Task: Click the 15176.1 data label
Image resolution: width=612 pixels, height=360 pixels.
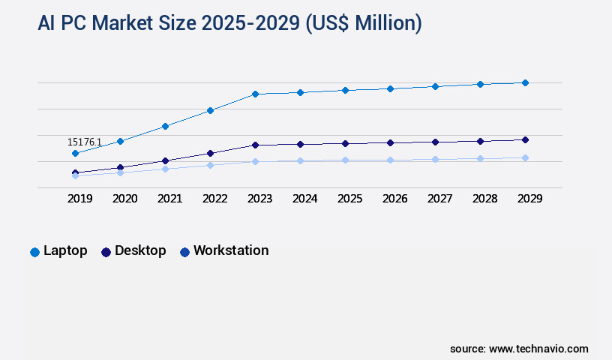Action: [84, 142]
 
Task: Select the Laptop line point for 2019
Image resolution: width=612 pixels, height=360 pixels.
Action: [75, 153]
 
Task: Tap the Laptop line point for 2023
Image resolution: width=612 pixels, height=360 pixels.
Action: [255, 94]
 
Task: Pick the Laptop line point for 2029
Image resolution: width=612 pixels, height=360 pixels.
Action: [525, 82]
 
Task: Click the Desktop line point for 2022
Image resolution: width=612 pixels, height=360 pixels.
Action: [210, 153]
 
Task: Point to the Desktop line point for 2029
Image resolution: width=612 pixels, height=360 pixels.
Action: [525, 139]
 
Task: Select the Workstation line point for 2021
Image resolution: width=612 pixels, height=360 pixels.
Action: [165, 169]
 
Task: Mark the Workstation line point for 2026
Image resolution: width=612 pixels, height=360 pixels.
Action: [390, 160]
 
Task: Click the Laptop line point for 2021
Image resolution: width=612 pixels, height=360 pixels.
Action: [165, 126]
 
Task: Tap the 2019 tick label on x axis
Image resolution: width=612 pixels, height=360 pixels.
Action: [80, 199]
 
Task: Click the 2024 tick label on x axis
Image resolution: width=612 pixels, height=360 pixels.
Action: [305, 199]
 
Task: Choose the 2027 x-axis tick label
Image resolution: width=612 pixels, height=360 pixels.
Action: [440, 199]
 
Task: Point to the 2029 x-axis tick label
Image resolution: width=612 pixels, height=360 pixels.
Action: [529, 199]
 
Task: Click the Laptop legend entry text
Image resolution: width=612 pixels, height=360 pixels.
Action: [65, 250]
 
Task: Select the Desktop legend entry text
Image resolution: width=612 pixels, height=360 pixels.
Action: [140, 250]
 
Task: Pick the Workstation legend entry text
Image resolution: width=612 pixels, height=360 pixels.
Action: [231, 250]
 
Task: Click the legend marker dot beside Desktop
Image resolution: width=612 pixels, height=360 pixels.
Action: [106, 252]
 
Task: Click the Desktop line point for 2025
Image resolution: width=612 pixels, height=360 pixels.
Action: [345, 143]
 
